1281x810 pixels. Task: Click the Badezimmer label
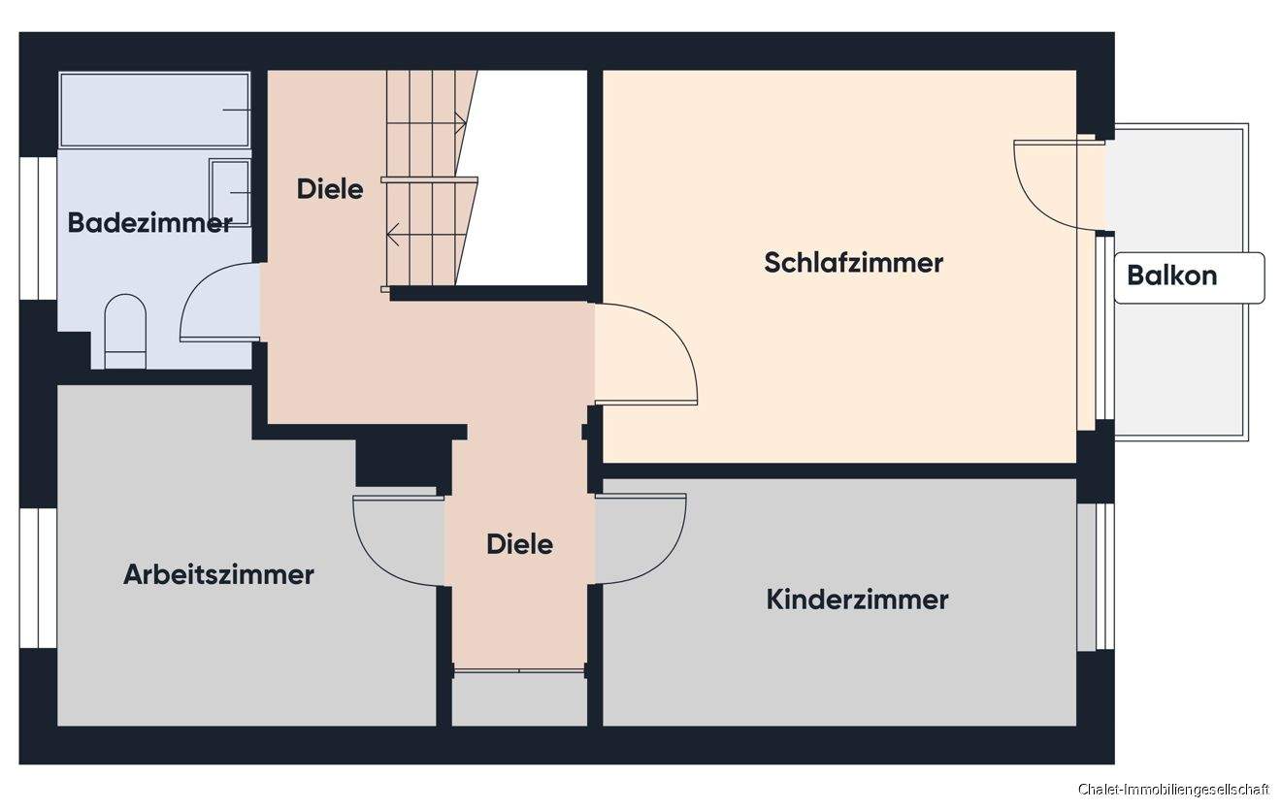coord(149,223)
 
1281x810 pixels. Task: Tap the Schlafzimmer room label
coord(853,262)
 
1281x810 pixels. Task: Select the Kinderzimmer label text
coord(857,599)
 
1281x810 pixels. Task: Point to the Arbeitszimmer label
coord(218,574)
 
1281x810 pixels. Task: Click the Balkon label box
coord(1188,276)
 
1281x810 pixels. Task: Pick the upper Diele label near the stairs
coord(330,188)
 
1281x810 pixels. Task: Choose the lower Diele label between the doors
coord(519,544)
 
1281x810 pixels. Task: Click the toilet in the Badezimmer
coord(124,331)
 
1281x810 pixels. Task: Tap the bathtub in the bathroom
coord(153,110)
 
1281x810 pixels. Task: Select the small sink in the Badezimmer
coord(230,193)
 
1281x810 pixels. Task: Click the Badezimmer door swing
coord(218,302)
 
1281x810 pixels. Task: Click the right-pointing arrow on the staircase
coord(458,123)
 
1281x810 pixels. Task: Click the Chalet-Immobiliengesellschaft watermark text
coord(1172,791)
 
